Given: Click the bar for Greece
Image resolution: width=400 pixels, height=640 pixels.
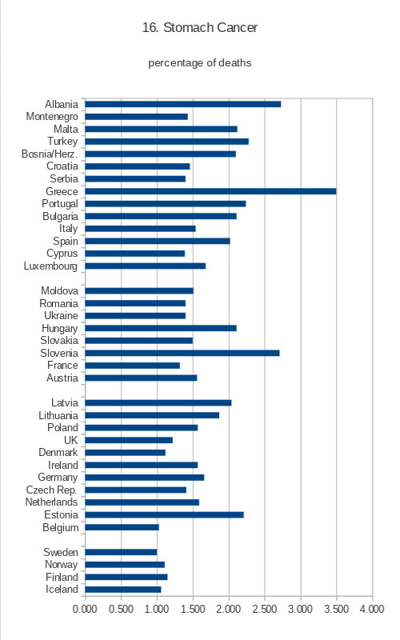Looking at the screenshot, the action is (x=210, y=191).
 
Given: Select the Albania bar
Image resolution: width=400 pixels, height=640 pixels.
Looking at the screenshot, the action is (x=183, y=104).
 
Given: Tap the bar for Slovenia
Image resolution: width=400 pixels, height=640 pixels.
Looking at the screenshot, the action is (x=182, y=353).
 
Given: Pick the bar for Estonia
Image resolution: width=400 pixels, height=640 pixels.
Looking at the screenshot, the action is (x=165, y=514).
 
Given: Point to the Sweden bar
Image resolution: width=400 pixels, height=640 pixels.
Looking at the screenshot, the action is (x=122, y=552).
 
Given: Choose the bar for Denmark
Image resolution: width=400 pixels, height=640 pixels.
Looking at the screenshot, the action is (x=126, y=453).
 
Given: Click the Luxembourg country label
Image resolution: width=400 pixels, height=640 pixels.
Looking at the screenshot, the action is (x=50, y=266).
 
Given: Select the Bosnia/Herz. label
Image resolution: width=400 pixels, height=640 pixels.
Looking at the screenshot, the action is (x=50, y=154).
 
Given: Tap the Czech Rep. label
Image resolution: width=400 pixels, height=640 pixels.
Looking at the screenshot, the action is (x=51, y=490).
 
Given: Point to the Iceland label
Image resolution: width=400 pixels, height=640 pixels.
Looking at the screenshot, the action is (x=62, y=590).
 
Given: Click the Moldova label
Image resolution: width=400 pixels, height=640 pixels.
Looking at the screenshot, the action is (x=59, y=290).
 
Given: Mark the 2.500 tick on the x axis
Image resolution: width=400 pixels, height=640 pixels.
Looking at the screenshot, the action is (x=265, y=609).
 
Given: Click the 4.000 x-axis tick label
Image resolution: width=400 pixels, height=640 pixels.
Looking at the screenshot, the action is (x=372, y=609).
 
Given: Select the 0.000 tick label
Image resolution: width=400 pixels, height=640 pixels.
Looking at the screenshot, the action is (x=85, y=609).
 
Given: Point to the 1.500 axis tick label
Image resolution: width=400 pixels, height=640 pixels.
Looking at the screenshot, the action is (x=193, y=609).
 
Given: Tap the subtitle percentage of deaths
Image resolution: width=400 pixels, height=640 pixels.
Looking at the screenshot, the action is (x=199, y=63).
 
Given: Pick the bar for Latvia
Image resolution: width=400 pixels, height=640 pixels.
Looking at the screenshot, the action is (x=158, y=403).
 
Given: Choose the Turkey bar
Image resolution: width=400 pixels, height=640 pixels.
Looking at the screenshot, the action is (x=167, y=142).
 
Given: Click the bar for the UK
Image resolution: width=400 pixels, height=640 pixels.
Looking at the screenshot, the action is (x=129, y=440).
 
